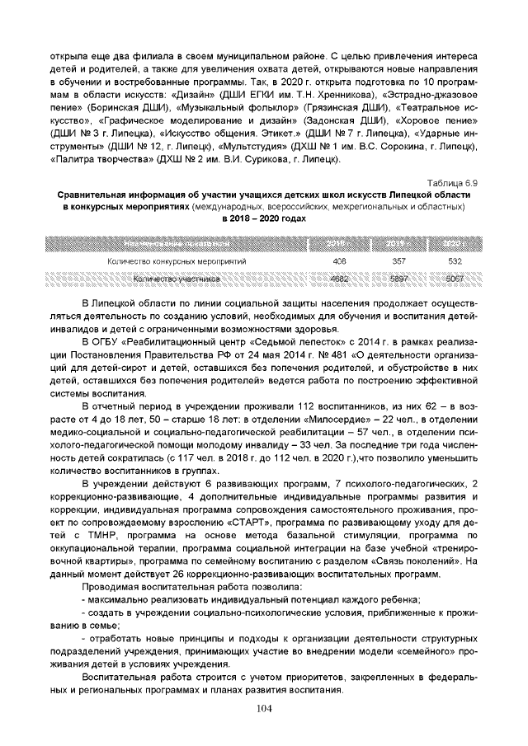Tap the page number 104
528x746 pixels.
tap(263, 710)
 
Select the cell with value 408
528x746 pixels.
tap(338, 261)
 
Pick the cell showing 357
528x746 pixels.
tap(396, 261)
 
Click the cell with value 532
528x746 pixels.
tap(454, 261)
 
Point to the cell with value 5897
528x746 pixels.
tap(396, 279)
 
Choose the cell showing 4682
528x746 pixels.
tap(338, 279)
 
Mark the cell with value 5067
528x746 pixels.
tap(454, 279)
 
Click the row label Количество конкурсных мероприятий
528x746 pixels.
tap(177, 261)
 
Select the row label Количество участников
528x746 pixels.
tap(177, 279)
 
